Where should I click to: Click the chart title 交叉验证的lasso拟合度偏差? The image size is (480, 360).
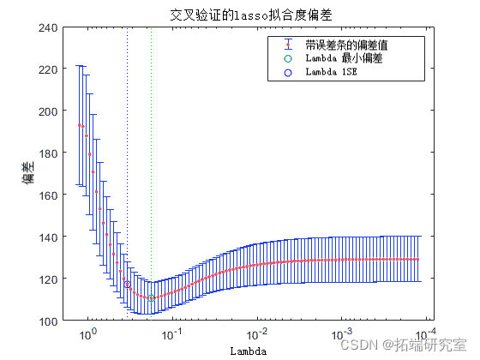pyautogui.click(x=240, y=15)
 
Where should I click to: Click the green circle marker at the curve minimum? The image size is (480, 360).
pyautogui.click(x=151, y=298)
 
